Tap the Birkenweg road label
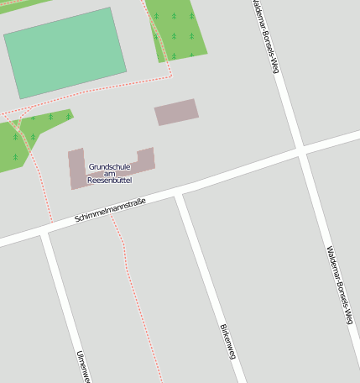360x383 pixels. click(x=227, y=341)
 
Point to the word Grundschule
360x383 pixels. click(x=110, y=166)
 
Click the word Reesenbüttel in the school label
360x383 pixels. click(x=110, y=180)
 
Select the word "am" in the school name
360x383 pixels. click(x=110, y=173)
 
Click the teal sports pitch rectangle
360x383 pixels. click(x=65, y=53)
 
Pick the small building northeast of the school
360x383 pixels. click(x=176, y=112)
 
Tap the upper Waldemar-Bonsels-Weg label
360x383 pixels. click(x=264, y=38)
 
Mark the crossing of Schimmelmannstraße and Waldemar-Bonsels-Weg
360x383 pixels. click(x=300, y=151)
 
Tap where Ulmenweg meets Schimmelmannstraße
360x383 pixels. click(x=44, y=233)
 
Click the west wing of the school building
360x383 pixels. click(x=77, y=168)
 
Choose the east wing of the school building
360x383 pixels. click(x=146, y=160)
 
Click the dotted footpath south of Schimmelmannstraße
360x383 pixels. click(x=134, y=286)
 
